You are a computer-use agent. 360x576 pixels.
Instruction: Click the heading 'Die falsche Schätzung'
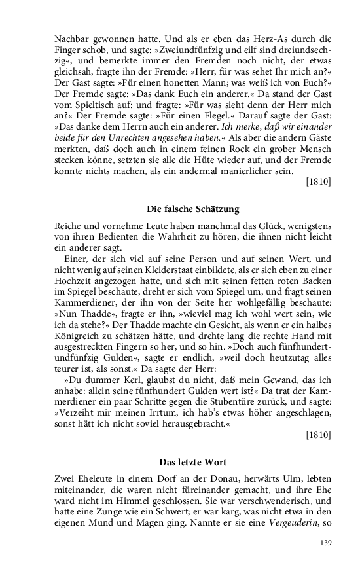pos(192,209)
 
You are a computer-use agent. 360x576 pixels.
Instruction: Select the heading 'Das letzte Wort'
pos(192,462)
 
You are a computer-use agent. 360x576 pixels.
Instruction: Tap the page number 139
pos(325,543)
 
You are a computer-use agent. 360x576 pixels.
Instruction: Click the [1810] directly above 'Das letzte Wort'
pos(319,434)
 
